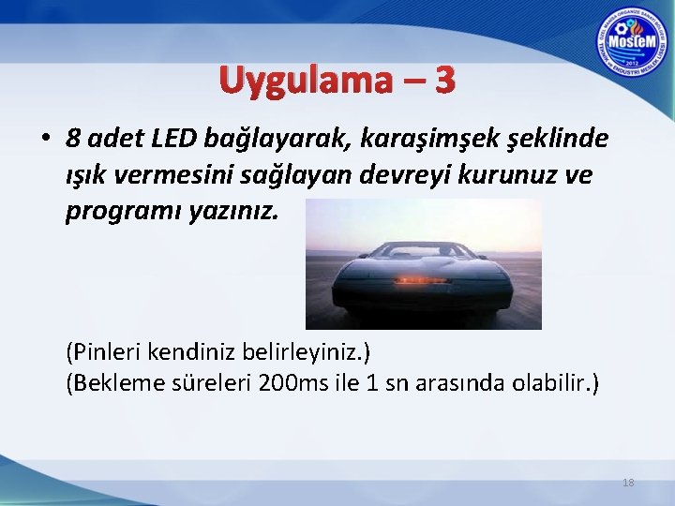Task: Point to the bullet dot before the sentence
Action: pyautogui.click(x=45, y=140)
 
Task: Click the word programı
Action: pyautogui.click(x=120, y=212)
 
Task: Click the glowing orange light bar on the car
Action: pyautogui.click(x=422, y=279)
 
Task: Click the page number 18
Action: pyautogui.click(x=628, y=483)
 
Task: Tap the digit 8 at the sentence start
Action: pyautogui.click(x=72, y=140)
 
